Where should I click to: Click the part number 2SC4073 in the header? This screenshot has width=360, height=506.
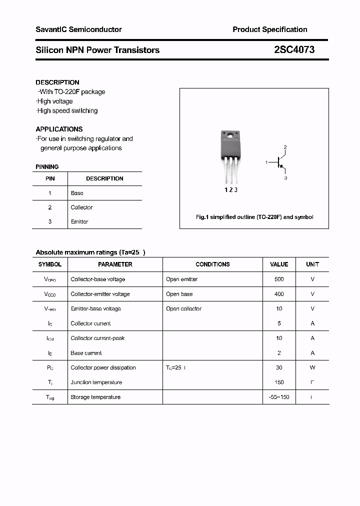click(x=294, y=50)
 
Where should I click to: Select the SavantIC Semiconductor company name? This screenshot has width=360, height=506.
click(x=78, y=29)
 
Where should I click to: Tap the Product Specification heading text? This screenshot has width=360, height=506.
click(x=269, y=29)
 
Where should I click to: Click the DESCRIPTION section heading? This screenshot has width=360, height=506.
click(x=57, y=82)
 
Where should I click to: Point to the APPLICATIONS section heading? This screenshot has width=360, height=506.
click(x=59, y=129)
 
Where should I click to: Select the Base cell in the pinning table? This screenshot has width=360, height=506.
click(x=77, y=193)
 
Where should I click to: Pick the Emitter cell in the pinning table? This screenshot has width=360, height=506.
click(x=79, y=221)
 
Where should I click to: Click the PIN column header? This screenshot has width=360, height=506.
click(x=50, y=178)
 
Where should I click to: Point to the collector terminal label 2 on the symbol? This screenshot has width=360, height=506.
click(x=285, y=147)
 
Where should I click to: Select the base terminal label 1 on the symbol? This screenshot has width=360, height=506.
click(x=267, y=162)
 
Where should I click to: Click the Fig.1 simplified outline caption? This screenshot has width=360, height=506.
click(x=254, y=217)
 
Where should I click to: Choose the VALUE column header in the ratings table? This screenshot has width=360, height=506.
click(x=279, y=264)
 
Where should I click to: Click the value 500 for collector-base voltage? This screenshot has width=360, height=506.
click(x=279, y=279)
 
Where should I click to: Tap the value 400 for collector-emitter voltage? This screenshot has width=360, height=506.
click(x=279, y=294)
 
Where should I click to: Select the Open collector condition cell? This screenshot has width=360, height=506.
click(x=183, y=308)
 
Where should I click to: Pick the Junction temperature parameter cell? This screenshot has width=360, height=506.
click(x=96, y=382)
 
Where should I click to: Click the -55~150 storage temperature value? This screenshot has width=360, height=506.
click(x=279, y=397)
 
